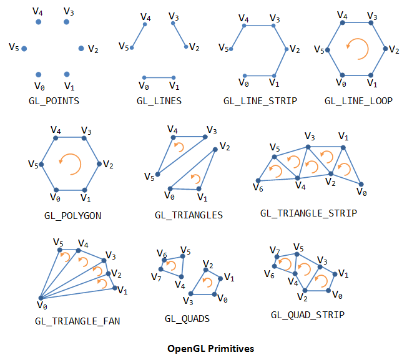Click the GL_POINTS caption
click(x=54, y=100)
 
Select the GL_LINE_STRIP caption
click(x=260, y=100)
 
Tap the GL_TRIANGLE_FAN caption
click(x=77, y=321)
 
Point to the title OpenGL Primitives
click(x=211, y=348)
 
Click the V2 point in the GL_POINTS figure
click(x=81, y=48)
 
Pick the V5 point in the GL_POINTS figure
click(x=24, y=48)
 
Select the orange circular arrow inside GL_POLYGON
click(x=70, y=165)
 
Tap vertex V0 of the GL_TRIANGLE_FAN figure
click(x=40, y=298)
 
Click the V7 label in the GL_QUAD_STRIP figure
click(x=275, y=250)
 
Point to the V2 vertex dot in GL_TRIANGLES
click(x=215, y=148)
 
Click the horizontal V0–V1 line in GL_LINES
click(x=159, y=77)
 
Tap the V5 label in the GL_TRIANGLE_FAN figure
click(x=58, y=242)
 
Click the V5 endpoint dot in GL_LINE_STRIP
click(x=232, y=49)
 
